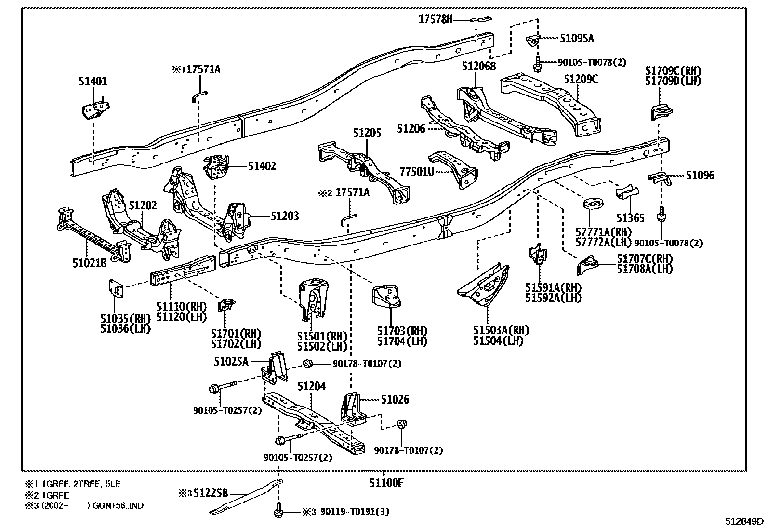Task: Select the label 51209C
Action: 581,79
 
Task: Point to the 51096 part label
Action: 700,176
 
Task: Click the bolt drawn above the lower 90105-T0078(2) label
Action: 662,213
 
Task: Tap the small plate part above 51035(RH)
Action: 116,290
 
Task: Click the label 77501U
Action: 417,171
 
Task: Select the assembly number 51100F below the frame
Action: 385,482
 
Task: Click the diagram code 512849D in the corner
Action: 744,521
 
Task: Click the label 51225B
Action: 211,493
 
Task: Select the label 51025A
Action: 231,361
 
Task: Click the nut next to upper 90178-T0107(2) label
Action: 307,363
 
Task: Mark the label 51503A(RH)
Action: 501,330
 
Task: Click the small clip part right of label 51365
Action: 626,191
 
